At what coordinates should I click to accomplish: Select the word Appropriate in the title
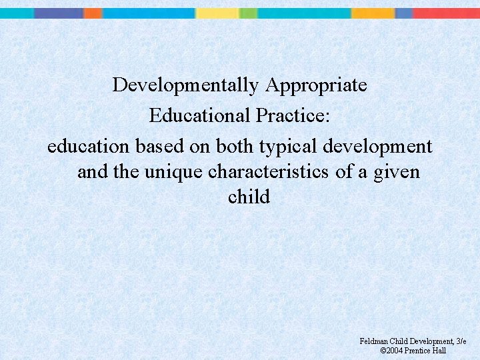pyautogui.click(x=316, y=85)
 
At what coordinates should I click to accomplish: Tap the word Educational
pyautogui.click(x=199, y=115)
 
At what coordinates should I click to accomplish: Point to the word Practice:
pyautogui.click(x=292, y=115)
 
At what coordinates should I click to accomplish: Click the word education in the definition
pyautogui.click(x=89, y=146)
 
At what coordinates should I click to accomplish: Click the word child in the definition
pyautogui.click(x=249, y=197)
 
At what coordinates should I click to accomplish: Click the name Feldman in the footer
pyautogui.click(x=374, y=341)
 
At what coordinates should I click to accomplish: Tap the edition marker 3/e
pyautogui.click(x=460, y=341)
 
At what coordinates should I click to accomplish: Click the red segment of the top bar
pyautogui.click(x=447, y=13)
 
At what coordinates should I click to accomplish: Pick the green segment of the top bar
pyautogui.click(x=248, y=13)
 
